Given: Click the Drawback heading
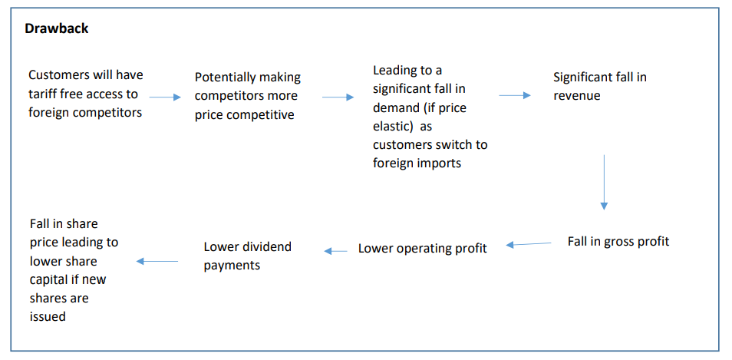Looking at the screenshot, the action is click(57, 28).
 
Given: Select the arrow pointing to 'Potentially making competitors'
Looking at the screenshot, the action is click(164, 97).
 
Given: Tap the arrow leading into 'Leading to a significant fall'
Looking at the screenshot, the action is click(338, 97).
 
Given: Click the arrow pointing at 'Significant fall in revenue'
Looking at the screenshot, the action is click(515, 95).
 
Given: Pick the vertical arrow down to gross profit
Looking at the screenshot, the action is click(604, 182).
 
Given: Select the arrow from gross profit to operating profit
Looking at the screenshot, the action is click(529, 244).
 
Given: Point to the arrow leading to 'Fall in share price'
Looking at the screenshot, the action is click(157, 262).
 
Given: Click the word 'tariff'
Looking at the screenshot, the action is click(44, 94).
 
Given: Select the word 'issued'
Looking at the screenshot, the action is click(48, 316).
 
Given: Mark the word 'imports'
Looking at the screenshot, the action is click(439, 163).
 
